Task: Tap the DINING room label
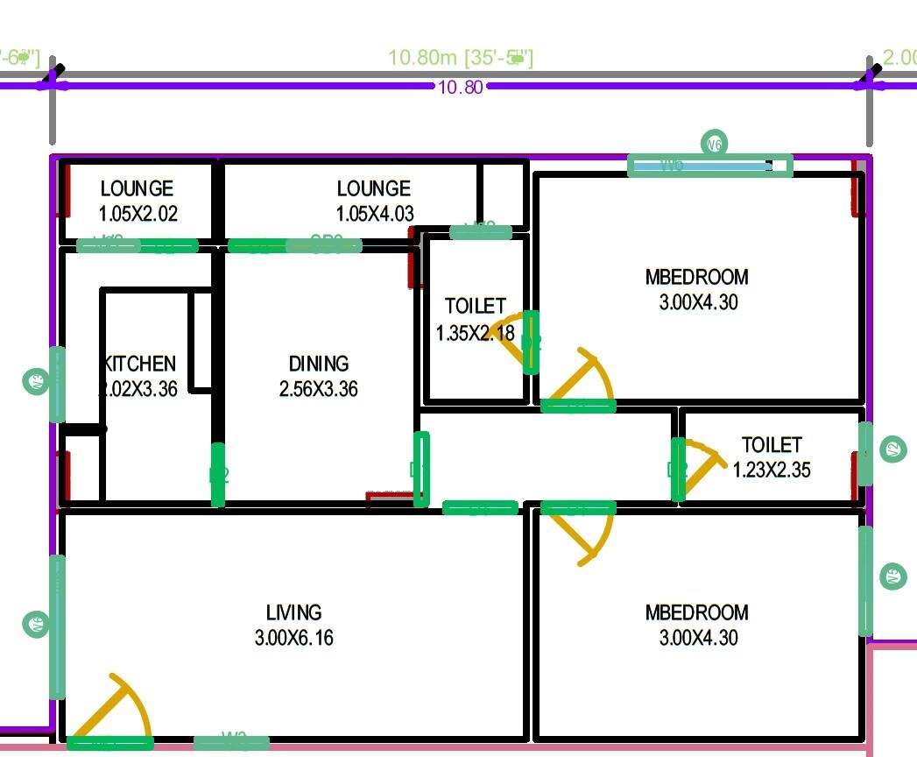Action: [319, 364]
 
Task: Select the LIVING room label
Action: [294, 612]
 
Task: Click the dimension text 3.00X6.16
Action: [294, 638]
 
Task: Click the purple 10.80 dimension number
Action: [461, 88]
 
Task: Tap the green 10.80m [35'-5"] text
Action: [461, 59]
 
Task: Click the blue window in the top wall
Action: [701, 165]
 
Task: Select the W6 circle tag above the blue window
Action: [715, 143]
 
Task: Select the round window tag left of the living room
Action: [36, 624]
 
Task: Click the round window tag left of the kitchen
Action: [36, 381]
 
